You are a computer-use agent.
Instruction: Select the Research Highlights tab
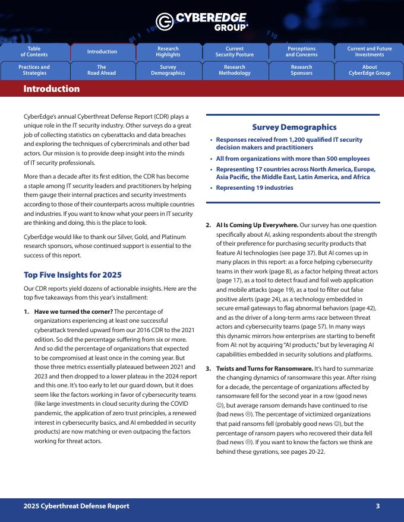click(x=168, y=52)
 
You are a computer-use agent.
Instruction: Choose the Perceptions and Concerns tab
click(x=301, y=52)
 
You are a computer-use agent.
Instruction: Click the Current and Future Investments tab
click(x=369, y=52)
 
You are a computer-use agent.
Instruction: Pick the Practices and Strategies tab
click(x=34, y=70)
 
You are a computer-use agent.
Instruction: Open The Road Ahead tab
click(x=102, y=70)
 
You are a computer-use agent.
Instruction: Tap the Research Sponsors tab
click(x=301, y=70)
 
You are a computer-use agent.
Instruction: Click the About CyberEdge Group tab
click(x=369, y=70)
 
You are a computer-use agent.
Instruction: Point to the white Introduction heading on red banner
click(x=51, y=89)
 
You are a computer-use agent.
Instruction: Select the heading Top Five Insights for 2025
click(x=72, y=275)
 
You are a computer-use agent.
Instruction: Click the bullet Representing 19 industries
click(x=254, y=187)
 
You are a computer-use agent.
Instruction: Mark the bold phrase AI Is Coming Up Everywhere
click(x=257, y=225)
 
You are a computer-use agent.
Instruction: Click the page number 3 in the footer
click(x=377, y=506)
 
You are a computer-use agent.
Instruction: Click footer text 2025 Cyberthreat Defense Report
click(x=76, y=506)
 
